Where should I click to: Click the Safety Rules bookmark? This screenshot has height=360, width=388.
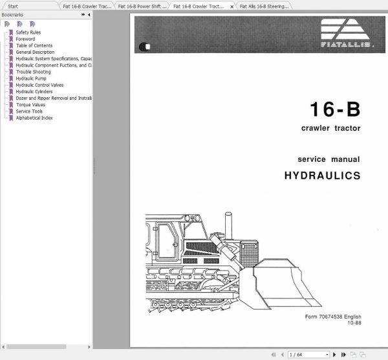coord(28,32)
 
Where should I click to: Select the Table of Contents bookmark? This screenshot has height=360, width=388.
coord(34,45)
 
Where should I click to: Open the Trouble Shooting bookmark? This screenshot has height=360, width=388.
coord(33,72)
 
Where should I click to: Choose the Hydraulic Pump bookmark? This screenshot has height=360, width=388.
coord(32,78)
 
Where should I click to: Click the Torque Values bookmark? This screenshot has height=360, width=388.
coord(30,104)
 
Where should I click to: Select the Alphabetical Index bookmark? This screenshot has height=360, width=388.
coord(34,118)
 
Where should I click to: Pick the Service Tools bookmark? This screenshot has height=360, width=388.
coord(29,111)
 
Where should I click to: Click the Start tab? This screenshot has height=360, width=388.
coord(13,6)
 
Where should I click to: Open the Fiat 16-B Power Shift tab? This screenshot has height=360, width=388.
coord(142,6)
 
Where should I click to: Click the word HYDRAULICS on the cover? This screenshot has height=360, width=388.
coord(322,175)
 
